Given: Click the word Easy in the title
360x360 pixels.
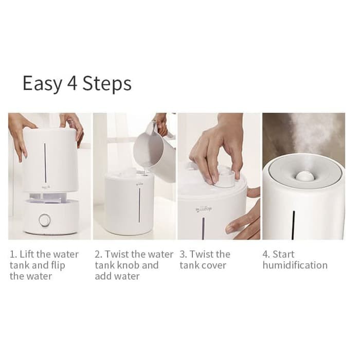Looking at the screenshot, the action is click(x=43, y=84).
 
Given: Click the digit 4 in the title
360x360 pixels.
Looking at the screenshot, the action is click(x=73, y=83).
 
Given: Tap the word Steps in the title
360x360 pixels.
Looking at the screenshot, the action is click(x=107, y=84).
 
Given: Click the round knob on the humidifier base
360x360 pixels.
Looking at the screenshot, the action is click(x=44, y=221).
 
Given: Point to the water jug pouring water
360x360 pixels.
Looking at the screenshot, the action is click(x=154, y=152).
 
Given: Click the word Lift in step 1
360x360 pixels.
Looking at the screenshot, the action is click(x=26, y=255).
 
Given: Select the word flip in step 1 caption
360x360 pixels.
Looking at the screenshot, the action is click(x=58, y=266).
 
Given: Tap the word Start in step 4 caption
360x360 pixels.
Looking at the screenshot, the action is click(x=283, y=255).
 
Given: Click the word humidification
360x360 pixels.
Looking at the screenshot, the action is click(x=295, y=265).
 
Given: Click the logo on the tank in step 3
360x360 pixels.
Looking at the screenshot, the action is click(x=204, y=209).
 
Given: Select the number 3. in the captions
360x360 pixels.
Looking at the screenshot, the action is click(x=183, y=255).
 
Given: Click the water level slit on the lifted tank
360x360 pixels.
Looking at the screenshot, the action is click(x=45, y=163).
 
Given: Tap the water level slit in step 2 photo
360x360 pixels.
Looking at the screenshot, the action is click(x=139, y=205).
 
